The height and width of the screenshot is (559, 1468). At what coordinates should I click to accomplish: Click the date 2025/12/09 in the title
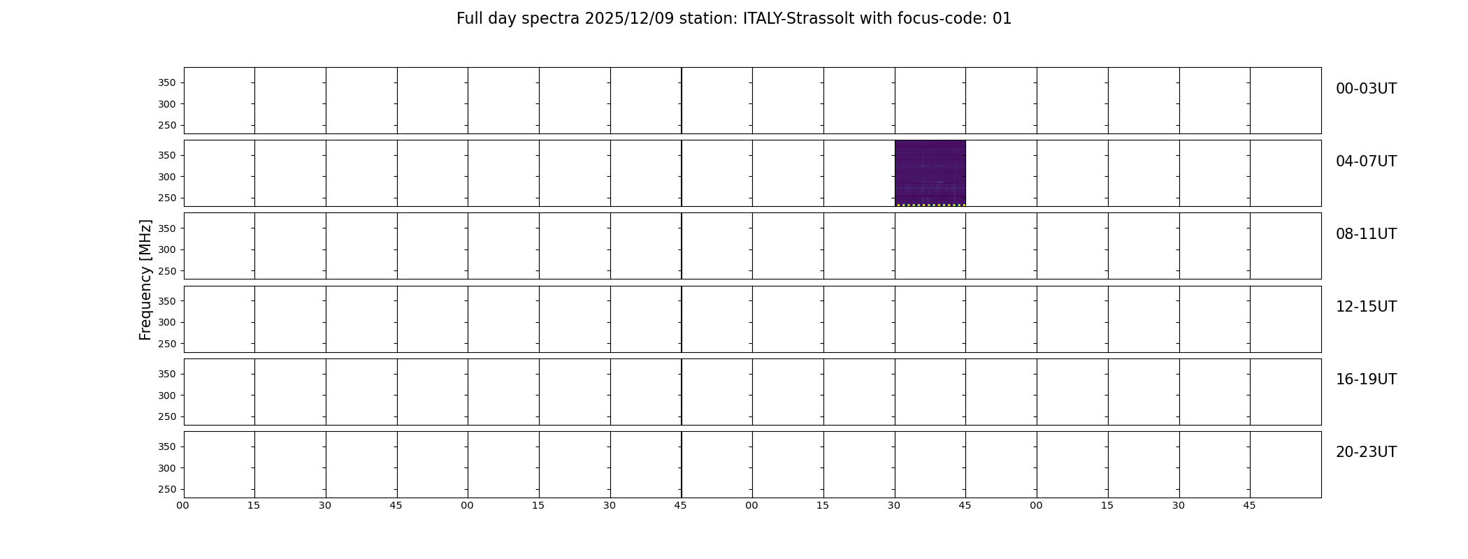tap(629, 19)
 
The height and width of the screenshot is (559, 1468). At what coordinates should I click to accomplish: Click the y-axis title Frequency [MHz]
tap(145, 279)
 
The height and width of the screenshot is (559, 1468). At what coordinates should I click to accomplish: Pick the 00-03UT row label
tap(1366, 89)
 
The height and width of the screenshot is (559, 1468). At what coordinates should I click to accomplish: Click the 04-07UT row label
tap(1366, 161)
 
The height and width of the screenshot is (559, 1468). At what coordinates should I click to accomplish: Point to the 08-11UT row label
tap(1366, 234)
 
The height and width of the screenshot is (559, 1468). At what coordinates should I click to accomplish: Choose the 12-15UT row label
tap(1366, 307)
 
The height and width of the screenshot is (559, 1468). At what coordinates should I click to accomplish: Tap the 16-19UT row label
tap(1366, 379)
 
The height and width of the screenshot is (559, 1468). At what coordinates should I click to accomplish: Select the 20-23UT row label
tap(1366, 452)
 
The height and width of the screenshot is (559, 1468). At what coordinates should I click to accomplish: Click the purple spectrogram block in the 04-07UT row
tap(930, 172)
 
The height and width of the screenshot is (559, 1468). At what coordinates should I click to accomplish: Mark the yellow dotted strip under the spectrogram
tap(930, 205)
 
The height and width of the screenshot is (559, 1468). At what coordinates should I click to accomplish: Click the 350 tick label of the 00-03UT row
tap(166, 82)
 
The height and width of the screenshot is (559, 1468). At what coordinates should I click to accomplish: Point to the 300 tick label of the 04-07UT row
tap(166, 177)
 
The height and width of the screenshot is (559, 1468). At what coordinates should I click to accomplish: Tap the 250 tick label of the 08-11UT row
tap(166, 271)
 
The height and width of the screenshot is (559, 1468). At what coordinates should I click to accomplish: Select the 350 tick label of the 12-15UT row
tap(166, 301)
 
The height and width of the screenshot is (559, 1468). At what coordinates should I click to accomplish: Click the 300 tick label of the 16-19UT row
tap(166, 395)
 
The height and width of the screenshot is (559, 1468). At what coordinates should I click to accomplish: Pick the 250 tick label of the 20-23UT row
tap(166, 489)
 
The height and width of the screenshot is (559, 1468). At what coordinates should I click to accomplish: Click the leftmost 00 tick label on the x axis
tap(182, 505)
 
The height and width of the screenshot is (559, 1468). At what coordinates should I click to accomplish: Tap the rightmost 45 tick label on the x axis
tap(1249, 505)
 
